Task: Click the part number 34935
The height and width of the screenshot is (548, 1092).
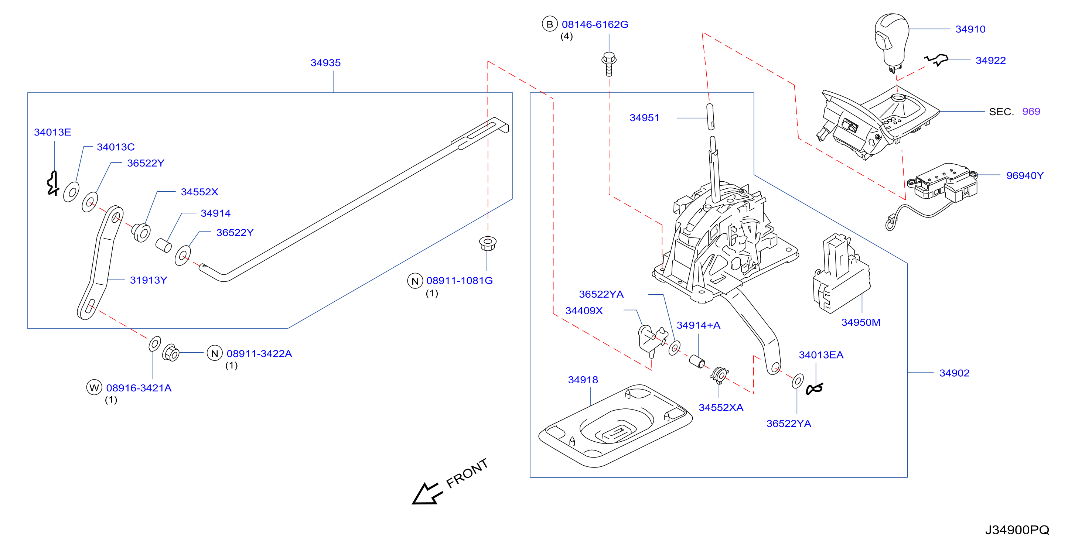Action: pyautogui.click(x=325, y=63)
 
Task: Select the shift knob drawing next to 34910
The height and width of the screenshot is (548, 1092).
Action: pyautogui.click(x=891, y=42)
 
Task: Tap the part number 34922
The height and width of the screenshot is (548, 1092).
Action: pyautogui.click(x=991, y=61)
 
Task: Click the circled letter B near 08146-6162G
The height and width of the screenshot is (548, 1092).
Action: pyautogui.click(x=549, y=24)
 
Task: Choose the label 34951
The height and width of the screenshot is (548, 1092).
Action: pyautogui.click(x=644, y=118)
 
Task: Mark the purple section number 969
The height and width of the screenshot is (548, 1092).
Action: pyautogui.click(x=1031, y=112)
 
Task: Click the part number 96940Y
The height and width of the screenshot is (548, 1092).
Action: pyautogui.click(x=1025, y=175)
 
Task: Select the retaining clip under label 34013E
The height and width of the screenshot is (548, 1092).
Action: pyautogui.click(x=52, y=184)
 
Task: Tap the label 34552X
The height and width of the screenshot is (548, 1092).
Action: pyautogui.click(x=199, y=192)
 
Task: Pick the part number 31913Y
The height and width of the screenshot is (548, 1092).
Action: pyautogui.click(x=149, y=280)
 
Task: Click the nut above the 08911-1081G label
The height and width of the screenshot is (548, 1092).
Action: pyautogui.click(x=488, y=243)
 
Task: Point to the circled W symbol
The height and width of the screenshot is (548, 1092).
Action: pyautogui.click(x=94, y=388)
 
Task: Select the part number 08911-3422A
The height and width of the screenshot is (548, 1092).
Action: pyautogui.click(x=259, y=353)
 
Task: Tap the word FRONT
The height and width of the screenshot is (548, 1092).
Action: pyautogui.click(x=467, y=473)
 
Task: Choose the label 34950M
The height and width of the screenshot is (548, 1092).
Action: pyautogui.click(x=860, y=322)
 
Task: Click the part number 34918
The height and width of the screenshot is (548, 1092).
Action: pyautogui.click(x=583, y=380)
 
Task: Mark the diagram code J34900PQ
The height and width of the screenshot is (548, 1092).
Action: pyautogui.click(x=1017, y=530)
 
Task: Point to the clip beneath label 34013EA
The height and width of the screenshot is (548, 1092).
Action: pyautogui.click(x=814, y=388)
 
